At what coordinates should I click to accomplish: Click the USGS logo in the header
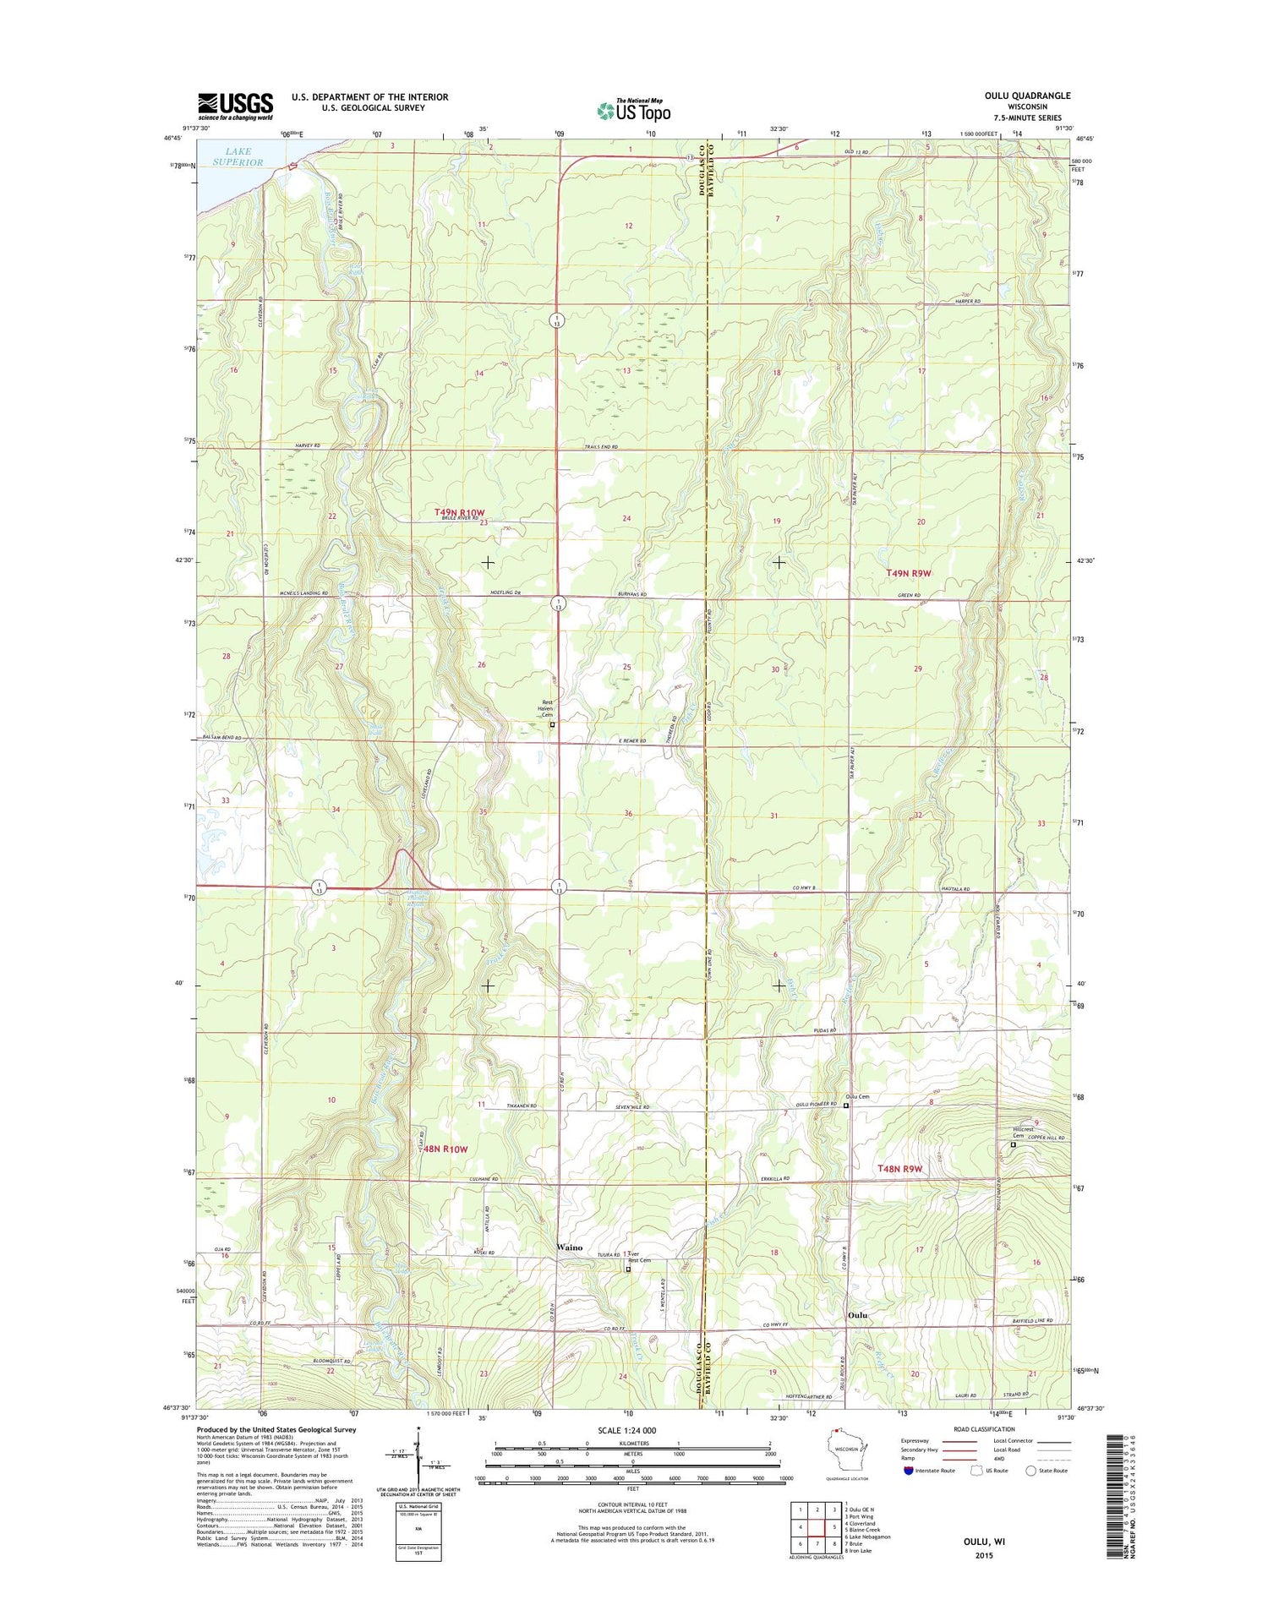(235, 105)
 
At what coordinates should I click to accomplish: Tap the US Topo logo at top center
(633, 111)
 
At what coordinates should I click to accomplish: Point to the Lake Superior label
(238, 156)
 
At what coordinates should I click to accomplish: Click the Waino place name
(569, 1247)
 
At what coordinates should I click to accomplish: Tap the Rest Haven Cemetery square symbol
(553, 724)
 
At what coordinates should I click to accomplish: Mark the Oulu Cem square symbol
(845, 1105)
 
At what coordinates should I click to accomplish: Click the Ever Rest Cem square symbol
(628, 1269)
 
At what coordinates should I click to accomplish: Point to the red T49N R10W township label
(460, 513)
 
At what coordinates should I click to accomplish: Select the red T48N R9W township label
(900, 1169)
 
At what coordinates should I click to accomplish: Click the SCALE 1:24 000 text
(626, 1430)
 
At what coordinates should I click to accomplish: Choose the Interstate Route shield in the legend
(909, 1470)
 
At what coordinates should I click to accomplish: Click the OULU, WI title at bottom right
(984, 1541)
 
